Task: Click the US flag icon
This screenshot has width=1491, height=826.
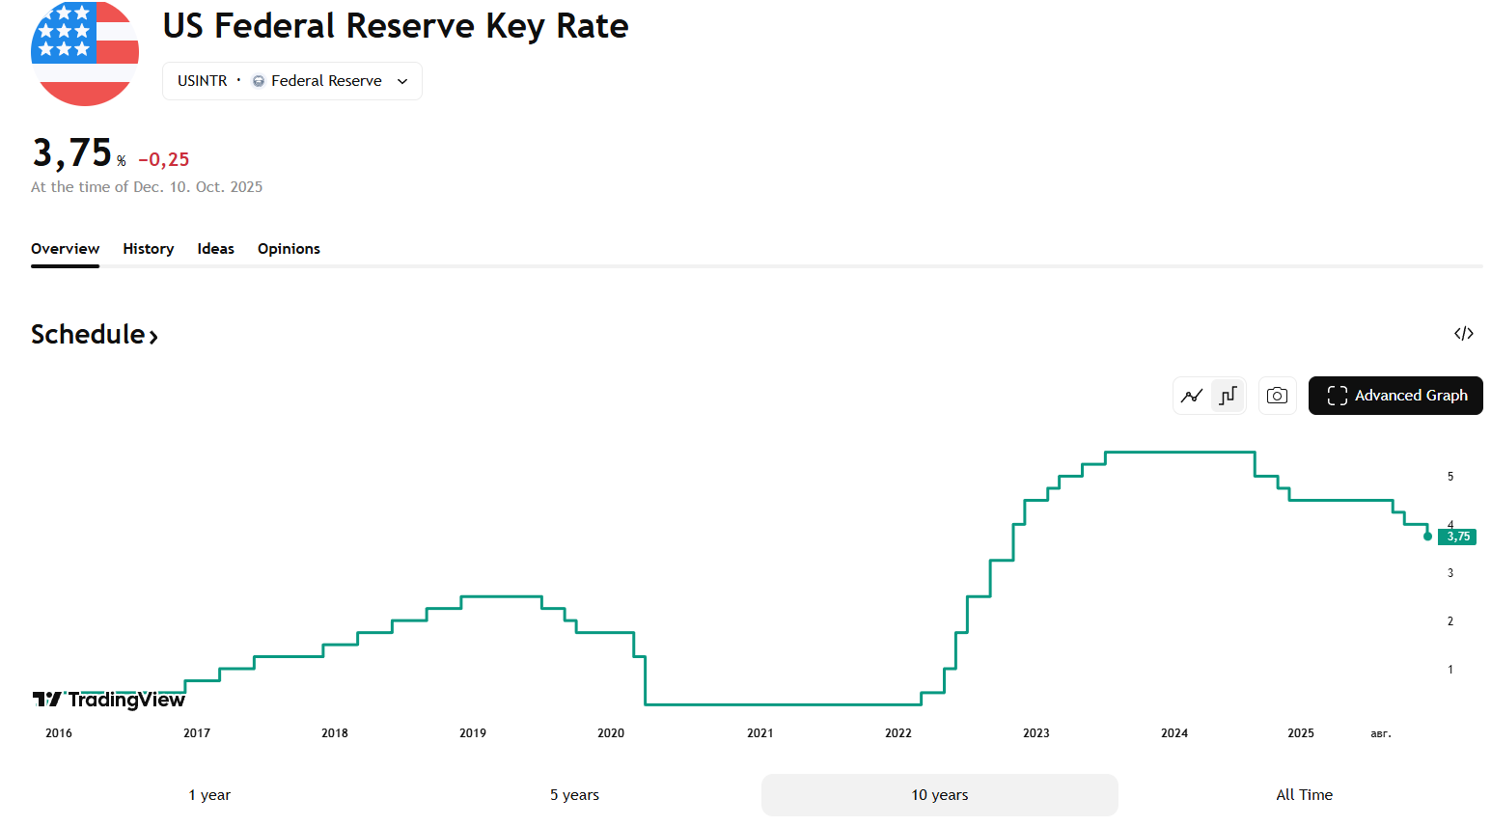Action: (85, 53)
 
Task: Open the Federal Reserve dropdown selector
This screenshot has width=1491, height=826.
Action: (292, 81)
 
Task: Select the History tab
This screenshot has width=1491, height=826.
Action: (149, 249)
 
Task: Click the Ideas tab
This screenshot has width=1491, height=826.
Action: (215, 249)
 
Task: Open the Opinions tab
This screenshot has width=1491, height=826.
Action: (289, 249)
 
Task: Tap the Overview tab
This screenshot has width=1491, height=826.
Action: (66, 249)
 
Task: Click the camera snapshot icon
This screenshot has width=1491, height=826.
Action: (1277, 396)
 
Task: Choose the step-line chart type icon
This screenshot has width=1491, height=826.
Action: (1229, 396)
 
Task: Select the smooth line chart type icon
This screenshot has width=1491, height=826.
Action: (1192, 396)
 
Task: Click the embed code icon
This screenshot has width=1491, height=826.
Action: (1464, 334)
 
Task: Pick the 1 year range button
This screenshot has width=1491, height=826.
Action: (209, 795)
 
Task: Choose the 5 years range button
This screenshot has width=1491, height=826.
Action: (574, 795)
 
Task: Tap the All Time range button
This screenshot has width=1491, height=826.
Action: (1304, 795)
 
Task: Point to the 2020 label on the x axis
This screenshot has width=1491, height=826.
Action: (610, 732)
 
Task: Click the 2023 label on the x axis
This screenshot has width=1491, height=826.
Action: (1035, 732)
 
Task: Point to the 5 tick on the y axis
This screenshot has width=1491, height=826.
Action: (1450, 477)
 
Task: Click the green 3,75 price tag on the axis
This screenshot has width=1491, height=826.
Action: (1457, 537)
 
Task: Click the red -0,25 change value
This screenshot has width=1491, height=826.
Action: (164, 160)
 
